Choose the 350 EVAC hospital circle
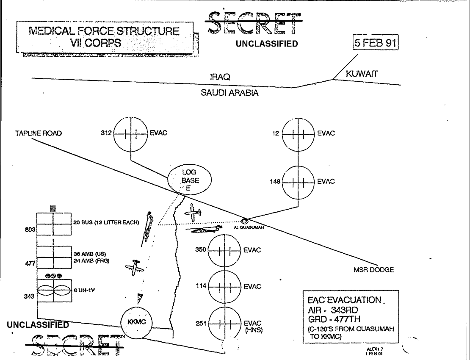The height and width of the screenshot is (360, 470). [x=224, y=250]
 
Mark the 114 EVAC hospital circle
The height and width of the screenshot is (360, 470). [x=224, y=286]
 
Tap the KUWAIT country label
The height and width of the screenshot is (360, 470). [x=361, y=74]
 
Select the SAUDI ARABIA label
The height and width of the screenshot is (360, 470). [x=229, y=93]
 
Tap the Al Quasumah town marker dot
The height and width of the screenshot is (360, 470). [x=245, y=220]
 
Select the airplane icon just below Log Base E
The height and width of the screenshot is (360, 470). [x=193, y=212]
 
